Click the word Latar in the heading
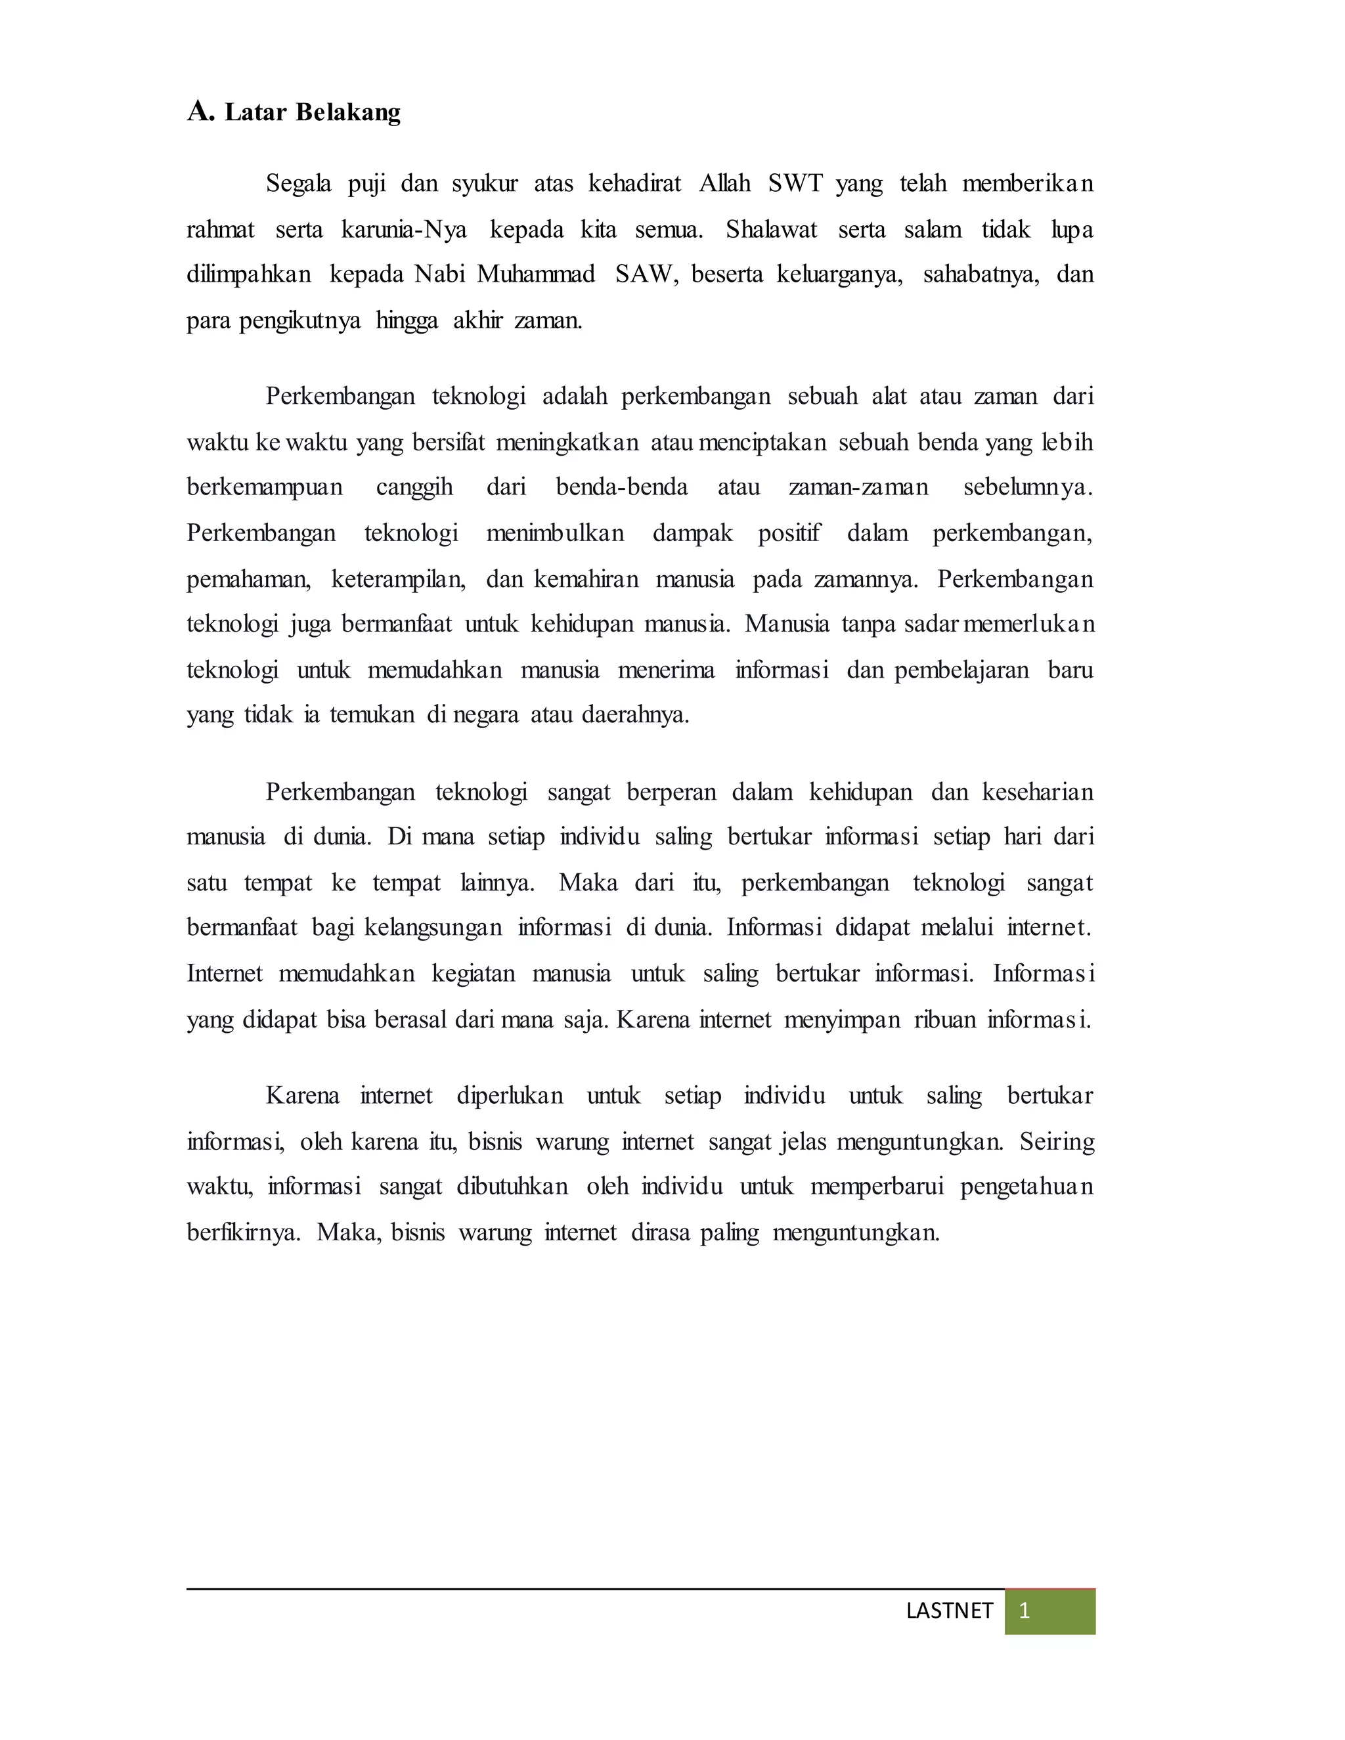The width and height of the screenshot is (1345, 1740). [x=255, y=112]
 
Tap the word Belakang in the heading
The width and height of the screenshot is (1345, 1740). [x=348, y=112]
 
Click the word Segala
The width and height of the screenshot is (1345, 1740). [x=299, y=184]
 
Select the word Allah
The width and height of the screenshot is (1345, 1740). [x=724, y=183]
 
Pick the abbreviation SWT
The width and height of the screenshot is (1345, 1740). [x=795, y=183]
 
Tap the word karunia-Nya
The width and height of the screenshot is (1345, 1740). [x=404, y=230]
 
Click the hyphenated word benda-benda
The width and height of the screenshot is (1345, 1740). [x=621, y=487]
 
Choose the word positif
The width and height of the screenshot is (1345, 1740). [x=789, y=533]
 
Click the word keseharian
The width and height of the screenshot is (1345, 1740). [x=1038, y=792]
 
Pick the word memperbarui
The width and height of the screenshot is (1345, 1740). [x=877, y=1187]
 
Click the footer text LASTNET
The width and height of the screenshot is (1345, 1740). [x=949, y=1611]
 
